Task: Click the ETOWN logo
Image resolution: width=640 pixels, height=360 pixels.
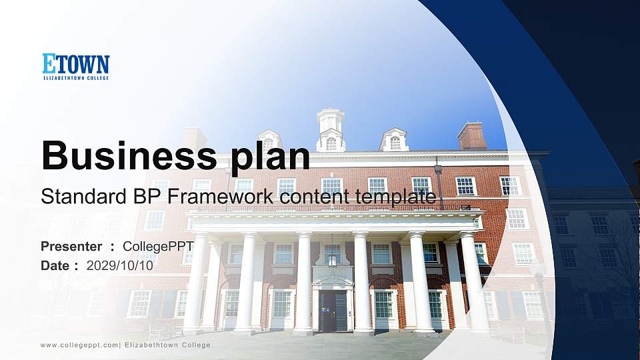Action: [x=75, y=64]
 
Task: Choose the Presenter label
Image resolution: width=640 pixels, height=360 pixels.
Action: [x=71, y=247]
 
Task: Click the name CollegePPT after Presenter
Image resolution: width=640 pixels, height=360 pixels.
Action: [x=158, y=247]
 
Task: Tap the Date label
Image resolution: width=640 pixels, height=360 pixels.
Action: [x=56, y=265]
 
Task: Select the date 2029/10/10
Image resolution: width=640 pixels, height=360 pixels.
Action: [x=119, y=265]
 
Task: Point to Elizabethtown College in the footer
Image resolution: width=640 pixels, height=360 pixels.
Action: [x=167, y=345]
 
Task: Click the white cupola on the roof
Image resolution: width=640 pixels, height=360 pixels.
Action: [x=331, y=129]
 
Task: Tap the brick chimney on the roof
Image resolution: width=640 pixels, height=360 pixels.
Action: [x=471, y=136]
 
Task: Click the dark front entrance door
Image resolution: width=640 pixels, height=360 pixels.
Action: [x=333, y=311]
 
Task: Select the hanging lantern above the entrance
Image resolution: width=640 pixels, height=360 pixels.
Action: [x=332, y=257]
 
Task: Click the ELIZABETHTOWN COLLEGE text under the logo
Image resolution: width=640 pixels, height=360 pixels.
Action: [x=75, y=78]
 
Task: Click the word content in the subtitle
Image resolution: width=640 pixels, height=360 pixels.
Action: [x=306, y=197]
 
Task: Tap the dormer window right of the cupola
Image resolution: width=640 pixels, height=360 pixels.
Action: [x=395, y=140]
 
